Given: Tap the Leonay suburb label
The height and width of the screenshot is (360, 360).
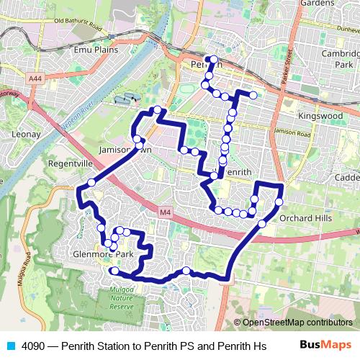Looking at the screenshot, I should point(24,134).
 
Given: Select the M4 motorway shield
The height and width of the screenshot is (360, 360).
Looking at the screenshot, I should point(167,212).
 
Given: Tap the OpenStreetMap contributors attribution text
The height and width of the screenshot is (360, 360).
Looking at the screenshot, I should point(294,323).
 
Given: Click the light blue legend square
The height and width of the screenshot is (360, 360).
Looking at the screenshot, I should point(9,346).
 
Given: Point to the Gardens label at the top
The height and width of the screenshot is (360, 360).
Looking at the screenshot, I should point(318,4).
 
